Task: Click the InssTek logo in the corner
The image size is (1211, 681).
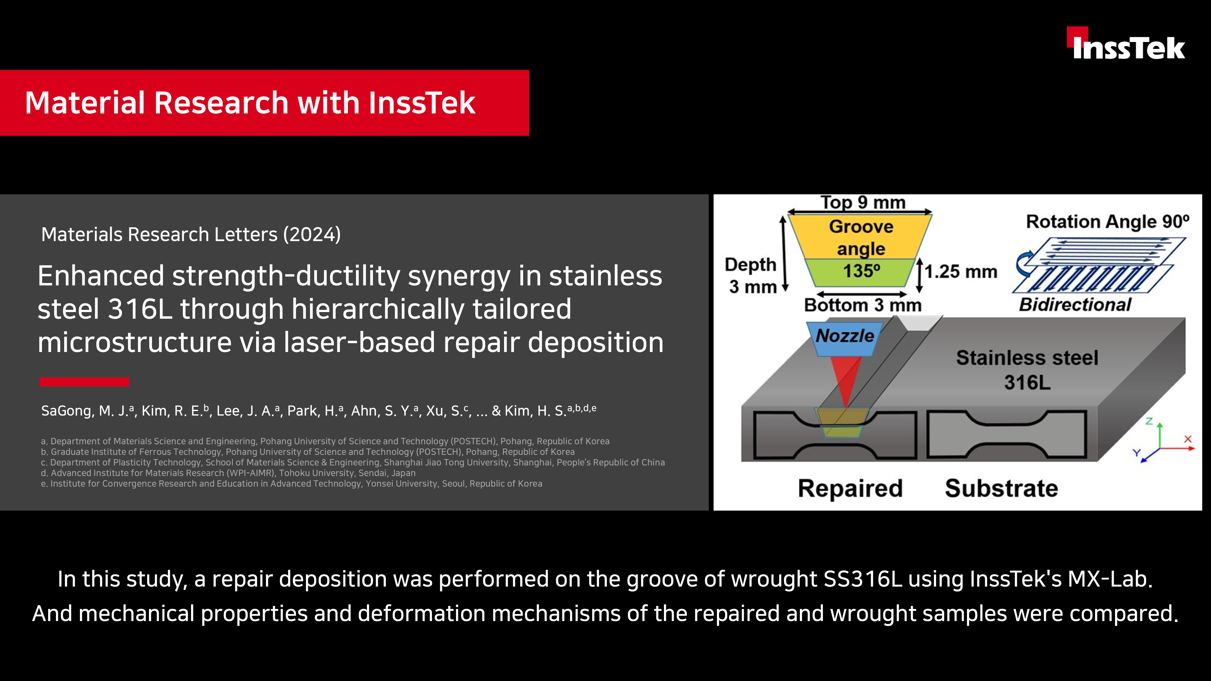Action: tap(1126, 43)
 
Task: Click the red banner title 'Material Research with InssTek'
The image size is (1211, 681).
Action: tap(250, 103)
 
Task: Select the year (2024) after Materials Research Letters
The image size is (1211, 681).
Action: tap(312, 234)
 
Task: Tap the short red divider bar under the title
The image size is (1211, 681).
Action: tap(84, 382)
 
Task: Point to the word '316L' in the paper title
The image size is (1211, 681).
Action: tap(140, 309)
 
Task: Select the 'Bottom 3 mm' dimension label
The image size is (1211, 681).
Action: tap(863, 305)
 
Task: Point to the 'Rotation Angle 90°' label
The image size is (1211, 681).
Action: tap(1107, 221)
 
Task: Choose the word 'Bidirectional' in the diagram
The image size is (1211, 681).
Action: tap(1075, 304)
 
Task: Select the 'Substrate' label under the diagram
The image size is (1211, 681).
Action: tap(1001, 488)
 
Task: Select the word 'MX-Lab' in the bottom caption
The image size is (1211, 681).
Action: tap(1110, 579)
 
